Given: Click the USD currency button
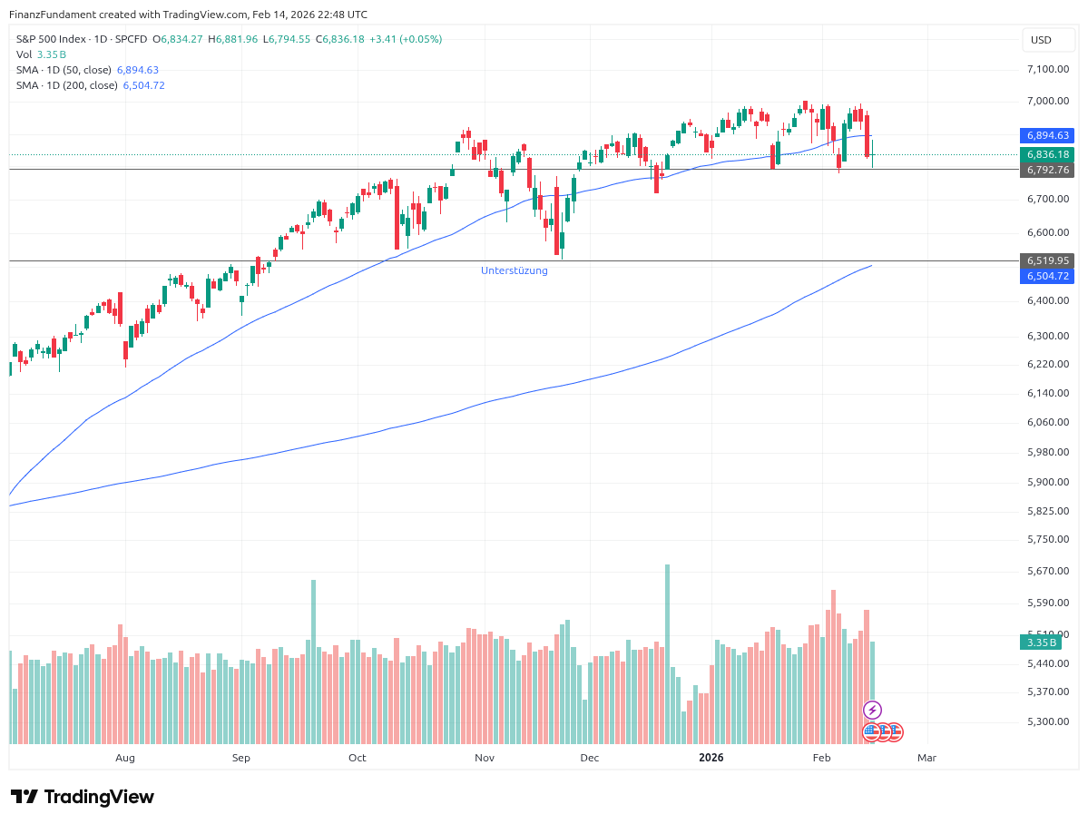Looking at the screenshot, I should point(1041,40).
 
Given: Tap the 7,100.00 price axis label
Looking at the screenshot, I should point(1047,69).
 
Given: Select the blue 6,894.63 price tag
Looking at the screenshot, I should point(1048,135).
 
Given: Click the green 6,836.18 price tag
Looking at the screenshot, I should point(1048,154).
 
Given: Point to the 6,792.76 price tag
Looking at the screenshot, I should point(1048,170).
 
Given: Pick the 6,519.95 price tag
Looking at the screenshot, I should point(1048,260).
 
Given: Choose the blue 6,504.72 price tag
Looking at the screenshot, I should point(1048,276).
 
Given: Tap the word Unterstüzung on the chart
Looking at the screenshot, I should point(515,270).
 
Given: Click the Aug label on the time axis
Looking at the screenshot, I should point(125,758).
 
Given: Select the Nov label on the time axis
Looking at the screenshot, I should point(485,758).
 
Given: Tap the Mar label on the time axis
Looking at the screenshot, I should point(926,758).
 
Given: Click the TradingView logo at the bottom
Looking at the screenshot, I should point(83,797).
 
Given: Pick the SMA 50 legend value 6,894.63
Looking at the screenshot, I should point(138,70).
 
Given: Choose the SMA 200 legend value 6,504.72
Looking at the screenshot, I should point(143,85).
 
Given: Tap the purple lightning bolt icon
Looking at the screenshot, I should point(872,710).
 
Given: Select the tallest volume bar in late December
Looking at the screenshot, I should point(667,653).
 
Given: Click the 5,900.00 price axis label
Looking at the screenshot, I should point(1047,482).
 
